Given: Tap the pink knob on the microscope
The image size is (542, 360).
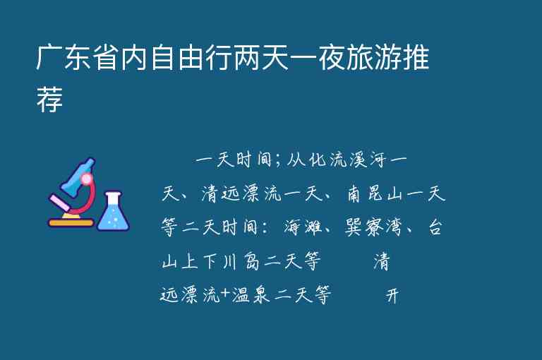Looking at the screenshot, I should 87,179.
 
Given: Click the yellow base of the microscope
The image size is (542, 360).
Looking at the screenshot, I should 71,223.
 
